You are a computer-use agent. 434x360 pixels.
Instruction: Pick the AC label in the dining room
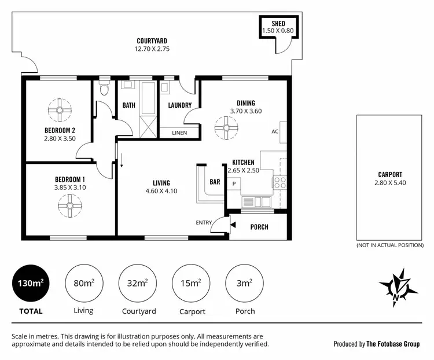click(275, 131)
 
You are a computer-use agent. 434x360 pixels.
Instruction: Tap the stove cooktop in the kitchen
click(279, 182)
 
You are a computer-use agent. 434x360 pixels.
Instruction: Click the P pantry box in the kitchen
click(234, 183)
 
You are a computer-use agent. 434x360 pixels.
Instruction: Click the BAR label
click(215, 182)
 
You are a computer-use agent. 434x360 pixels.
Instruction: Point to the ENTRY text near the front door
click(204, 223)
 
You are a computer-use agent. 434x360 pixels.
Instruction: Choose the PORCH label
click(259, 227)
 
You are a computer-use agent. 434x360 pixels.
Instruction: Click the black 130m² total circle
click(31, 284)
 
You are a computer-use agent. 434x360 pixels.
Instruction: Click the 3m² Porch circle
click(244, 284)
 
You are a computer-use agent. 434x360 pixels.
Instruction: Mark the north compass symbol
click(398, 287)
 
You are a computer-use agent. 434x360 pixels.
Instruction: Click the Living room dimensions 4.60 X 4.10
click(161, 191)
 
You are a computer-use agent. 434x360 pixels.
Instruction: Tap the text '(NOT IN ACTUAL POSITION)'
click(389, 245)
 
